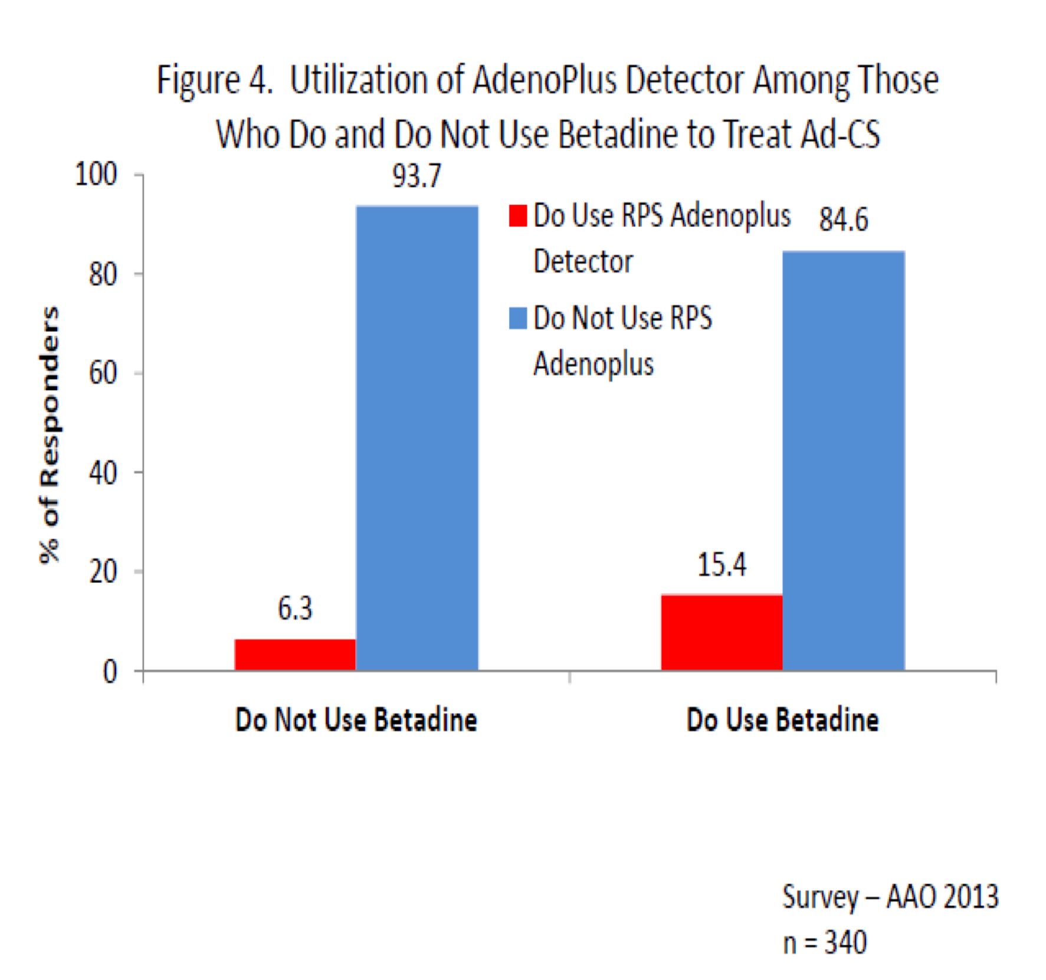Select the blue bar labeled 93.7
click(x=417, y=437)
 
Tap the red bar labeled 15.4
click(x=722, y=632)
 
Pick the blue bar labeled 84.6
click(x=844, y=460)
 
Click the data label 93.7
click(x=417, y=176)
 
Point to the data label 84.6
click(x=844, y=220)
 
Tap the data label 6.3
click(x=295, y=608)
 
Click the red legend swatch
click(x=517, y=215)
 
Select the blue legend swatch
click(x=517, y=318)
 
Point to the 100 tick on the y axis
click(x=96, y=175)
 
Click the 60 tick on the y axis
click(x=103, y=373)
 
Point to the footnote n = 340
click(x=824, y=943)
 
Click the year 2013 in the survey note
click(x=970, y=897)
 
